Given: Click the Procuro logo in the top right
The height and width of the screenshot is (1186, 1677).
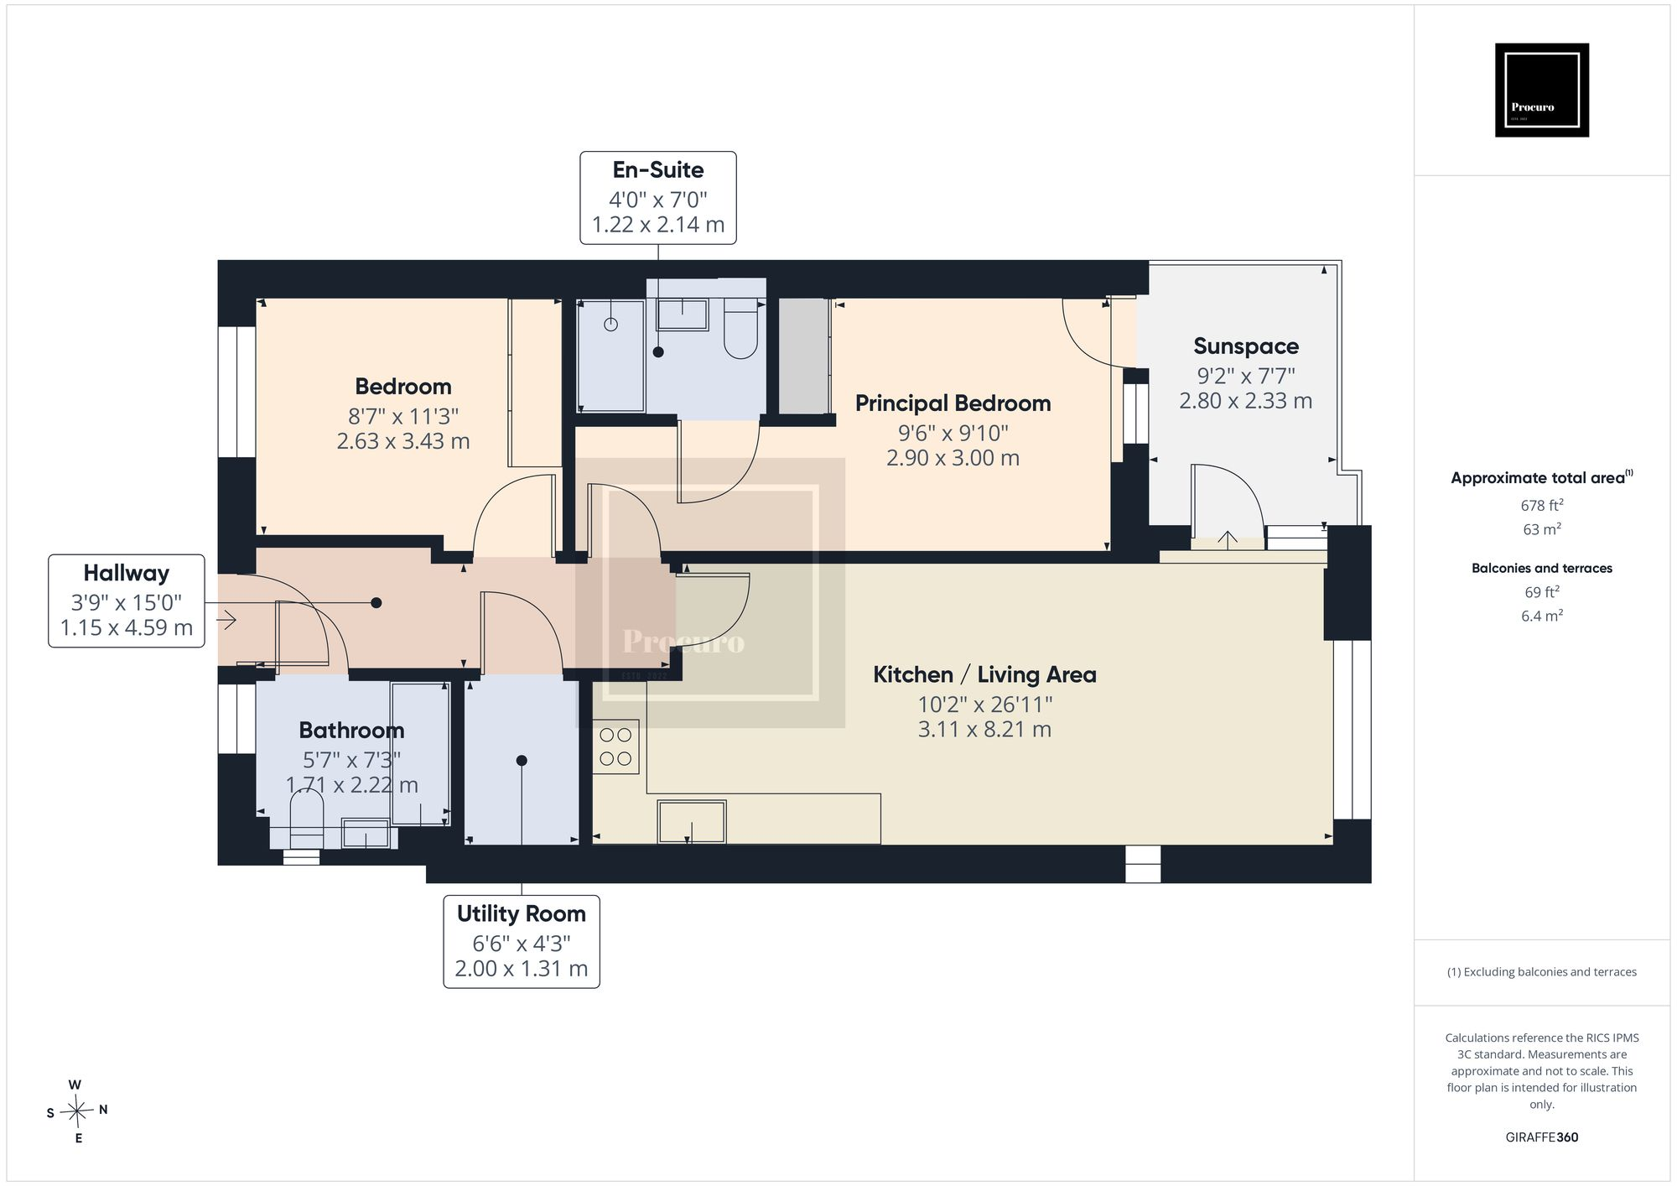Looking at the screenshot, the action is click(x=1542, y=90).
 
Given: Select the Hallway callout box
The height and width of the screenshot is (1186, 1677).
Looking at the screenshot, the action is click(x=127, y=601).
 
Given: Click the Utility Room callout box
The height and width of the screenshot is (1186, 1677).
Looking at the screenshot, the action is click(x=522, y=941).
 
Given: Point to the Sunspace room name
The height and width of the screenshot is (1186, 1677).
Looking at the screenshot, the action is click(x=1246, y=346).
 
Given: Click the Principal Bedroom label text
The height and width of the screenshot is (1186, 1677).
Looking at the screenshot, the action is click(x=953, y=403).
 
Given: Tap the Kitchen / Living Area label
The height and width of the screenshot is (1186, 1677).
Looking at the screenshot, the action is click(x=984, y=674).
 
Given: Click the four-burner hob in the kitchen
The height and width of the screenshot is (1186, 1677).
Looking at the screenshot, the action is click(x=616, y=747).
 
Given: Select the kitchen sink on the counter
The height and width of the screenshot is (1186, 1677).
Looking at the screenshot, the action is click(x=692, y=822).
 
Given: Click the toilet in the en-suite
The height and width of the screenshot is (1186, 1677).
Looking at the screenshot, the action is click(x=741, y=328).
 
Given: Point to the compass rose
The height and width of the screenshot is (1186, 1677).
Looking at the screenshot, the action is click(x=77, y=1111).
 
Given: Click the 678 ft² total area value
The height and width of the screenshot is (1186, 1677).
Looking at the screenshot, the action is click(x=1542, y=505).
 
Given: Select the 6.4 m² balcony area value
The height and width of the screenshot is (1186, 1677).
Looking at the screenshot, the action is click(x=1542, y=616).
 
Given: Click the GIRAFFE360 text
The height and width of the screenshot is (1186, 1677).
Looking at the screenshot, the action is click(x=1542, y=1137).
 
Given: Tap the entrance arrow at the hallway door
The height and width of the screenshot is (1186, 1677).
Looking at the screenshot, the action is click(x=226, y=620).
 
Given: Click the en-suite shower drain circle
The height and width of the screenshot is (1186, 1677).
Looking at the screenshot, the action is click(x=611, y=325).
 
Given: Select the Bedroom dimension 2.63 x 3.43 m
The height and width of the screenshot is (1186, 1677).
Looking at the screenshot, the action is click(x=403, y=441).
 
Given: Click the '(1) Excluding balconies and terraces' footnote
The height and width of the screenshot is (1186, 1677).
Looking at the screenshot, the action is click(x=1542, y=972).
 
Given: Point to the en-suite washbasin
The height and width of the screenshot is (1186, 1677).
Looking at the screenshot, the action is click(x=683, y=315).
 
